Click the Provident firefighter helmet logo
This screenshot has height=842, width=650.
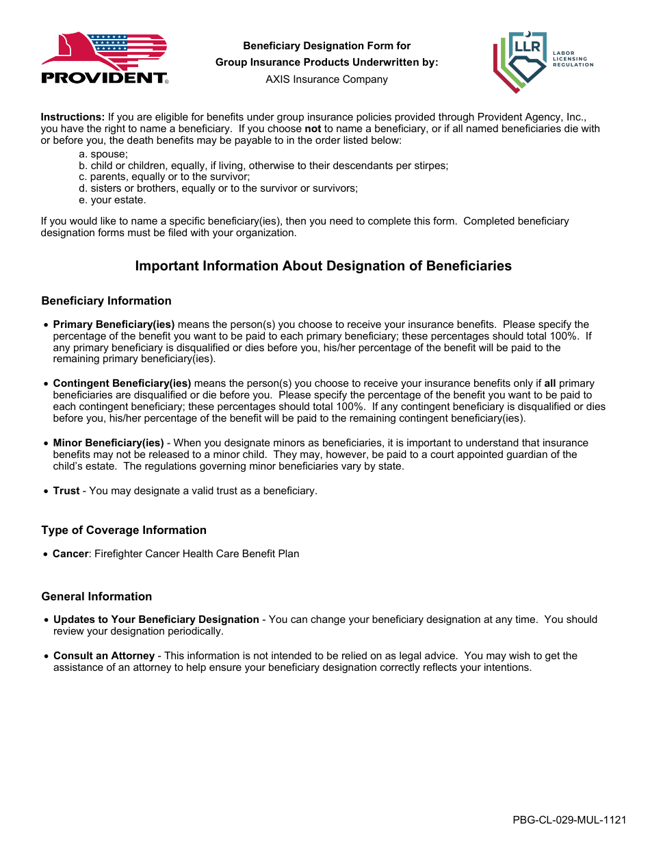pyautogui.click(x=104, y=58)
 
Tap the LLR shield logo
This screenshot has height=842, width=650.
pyautogui.click(x=520, y=62)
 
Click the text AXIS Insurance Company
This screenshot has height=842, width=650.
pyautogui.click(x=326, y=79)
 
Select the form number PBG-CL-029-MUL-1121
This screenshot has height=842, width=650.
pyautogui.click(x=569, y=820)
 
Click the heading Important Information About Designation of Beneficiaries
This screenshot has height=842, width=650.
pyautogui.click(x=323, y=266)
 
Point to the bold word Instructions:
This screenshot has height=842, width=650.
pyautogui.click(x=73, y=117)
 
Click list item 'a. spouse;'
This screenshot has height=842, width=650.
pyautogui.click(x=103, y=154)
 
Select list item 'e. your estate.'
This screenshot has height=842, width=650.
pyautogui.click(x=112, y=201)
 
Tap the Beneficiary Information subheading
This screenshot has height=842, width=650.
pyautogui.click(x=106, y=301)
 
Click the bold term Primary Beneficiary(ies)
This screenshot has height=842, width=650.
pyautogui.click(x=114, y=324)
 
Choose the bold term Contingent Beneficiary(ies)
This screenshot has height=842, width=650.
pyautogui.click(x=122, y=383)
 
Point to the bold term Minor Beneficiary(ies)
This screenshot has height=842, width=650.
pyautogui.click(x=108, y=443)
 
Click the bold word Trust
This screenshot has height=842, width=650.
pyautogui.click(x=66, y=491)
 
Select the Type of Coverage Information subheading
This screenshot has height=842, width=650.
pyautogui.click(x=123, y=531)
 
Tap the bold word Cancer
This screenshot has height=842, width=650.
pyautogui.click(x=70, y=554)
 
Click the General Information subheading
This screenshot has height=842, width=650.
pyautogui.click(x=96, y=597)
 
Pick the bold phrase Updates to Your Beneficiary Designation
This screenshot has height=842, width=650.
pyautogui.click(x=156, y=620)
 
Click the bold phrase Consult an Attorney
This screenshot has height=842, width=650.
pyautogui.click(x=104, y=656)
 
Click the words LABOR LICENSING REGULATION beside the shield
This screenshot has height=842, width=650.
pyautogui.click(x=573, y=58)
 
